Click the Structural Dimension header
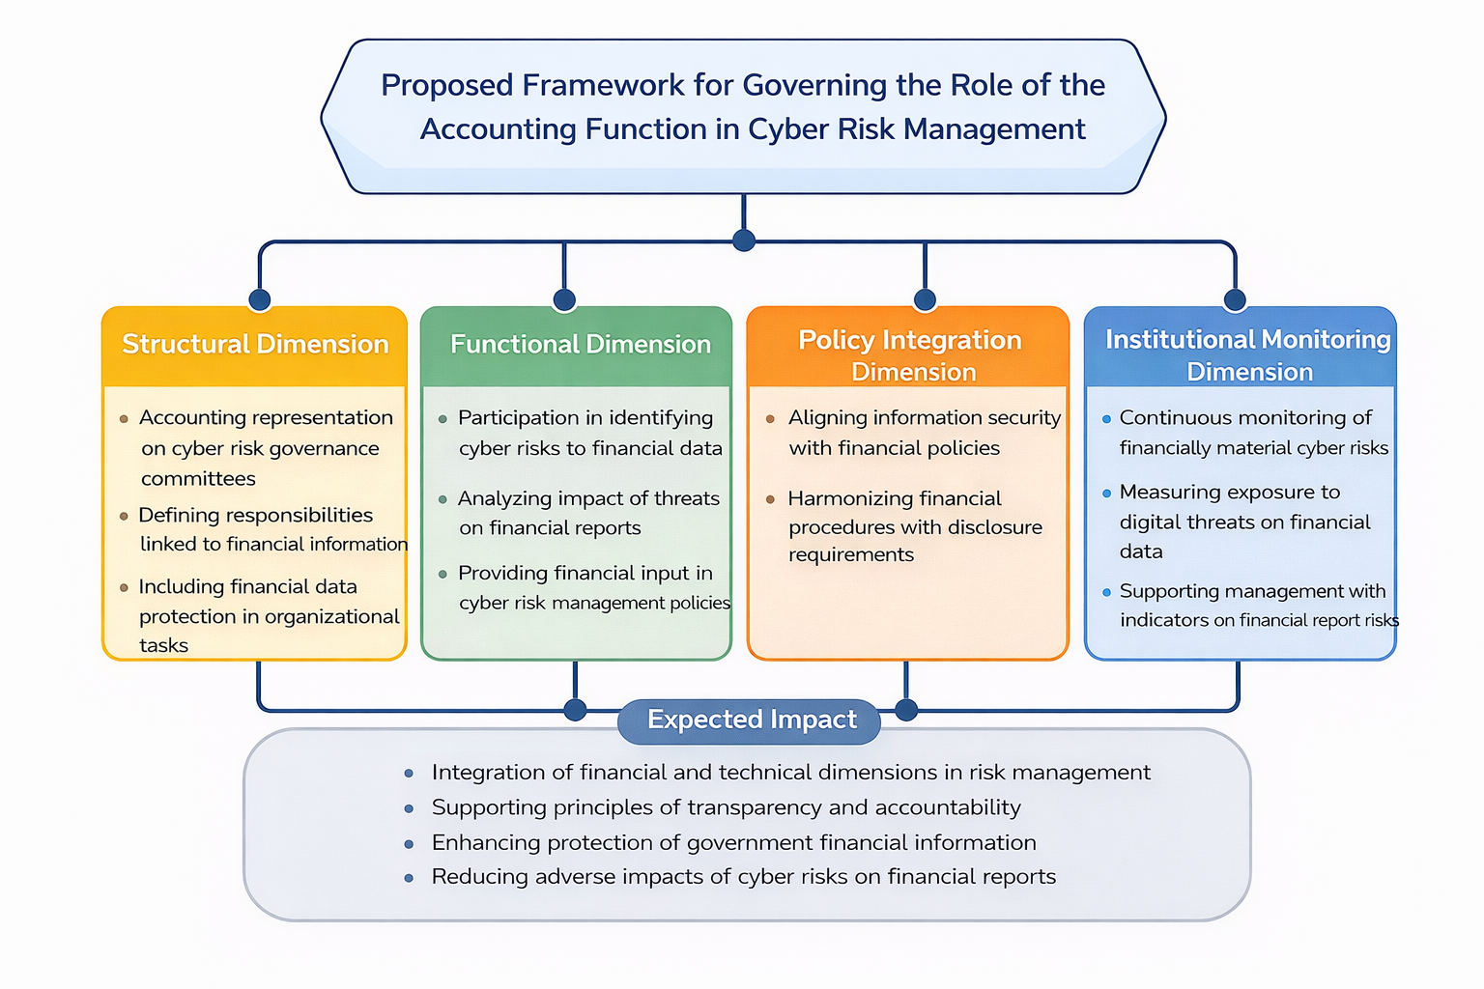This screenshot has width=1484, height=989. pyautogui.click(x=255, y=345)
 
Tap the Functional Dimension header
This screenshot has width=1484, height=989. pyautogui.click(x=580, y=345)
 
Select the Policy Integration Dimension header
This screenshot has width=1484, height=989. pyautogui.click(x=909, y=354)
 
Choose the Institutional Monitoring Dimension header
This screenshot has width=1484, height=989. pyautogui.click(x=1247, y=354)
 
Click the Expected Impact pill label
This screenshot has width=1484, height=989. pyautogui.click(x=751, y=721)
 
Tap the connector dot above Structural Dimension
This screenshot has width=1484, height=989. pyautogui.click(x=259, y=299)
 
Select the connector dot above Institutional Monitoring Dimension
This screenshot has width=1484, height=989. pyautogui.click(x=1235, y=300)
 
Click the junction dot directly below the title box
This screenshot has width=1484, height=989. pyautogui.click(x=744, y=240)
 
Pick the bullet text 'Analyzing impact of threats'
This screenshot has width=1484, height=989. pyautogui.click(x=588, y=498)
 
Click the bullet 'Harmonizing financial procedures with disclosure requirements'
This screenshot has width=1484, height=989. pyautogui.click(x=914, y=526)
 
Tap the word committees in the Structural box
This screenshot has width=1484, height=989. pyautogui.click(x=198, y=479)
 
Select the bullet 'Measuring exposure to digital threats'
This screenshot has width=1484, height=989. pyautogui.click(x=1243, y=522)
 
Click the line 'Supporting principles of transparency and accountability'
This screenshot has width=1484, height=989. pyautogui.click(x=726, y=807)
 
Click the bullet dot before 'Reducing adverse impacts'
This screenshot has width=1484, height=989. pyautogui.click(x=410, y=878)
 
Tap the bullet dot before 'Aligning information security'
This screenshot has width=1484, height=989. pyautogui.click(x=770, y=419)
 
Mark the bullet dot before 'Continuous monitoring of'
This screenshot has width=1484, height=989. pyautogui.click(x=1107, y=419)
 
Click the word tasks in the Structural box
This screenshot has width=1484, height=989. pyautogui.click(x=163, y=645)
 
